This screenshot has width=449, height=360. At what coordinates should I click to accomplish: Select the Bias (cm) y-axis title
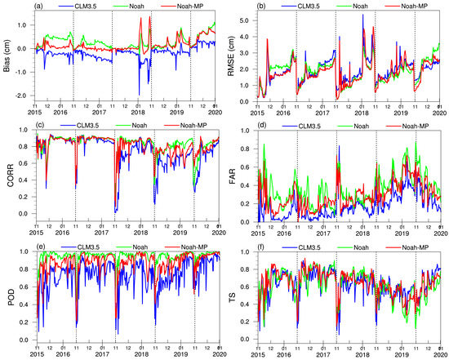point(8,56)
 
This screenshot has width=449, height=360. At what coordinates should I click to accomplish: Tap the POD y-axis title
point(8,296)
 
